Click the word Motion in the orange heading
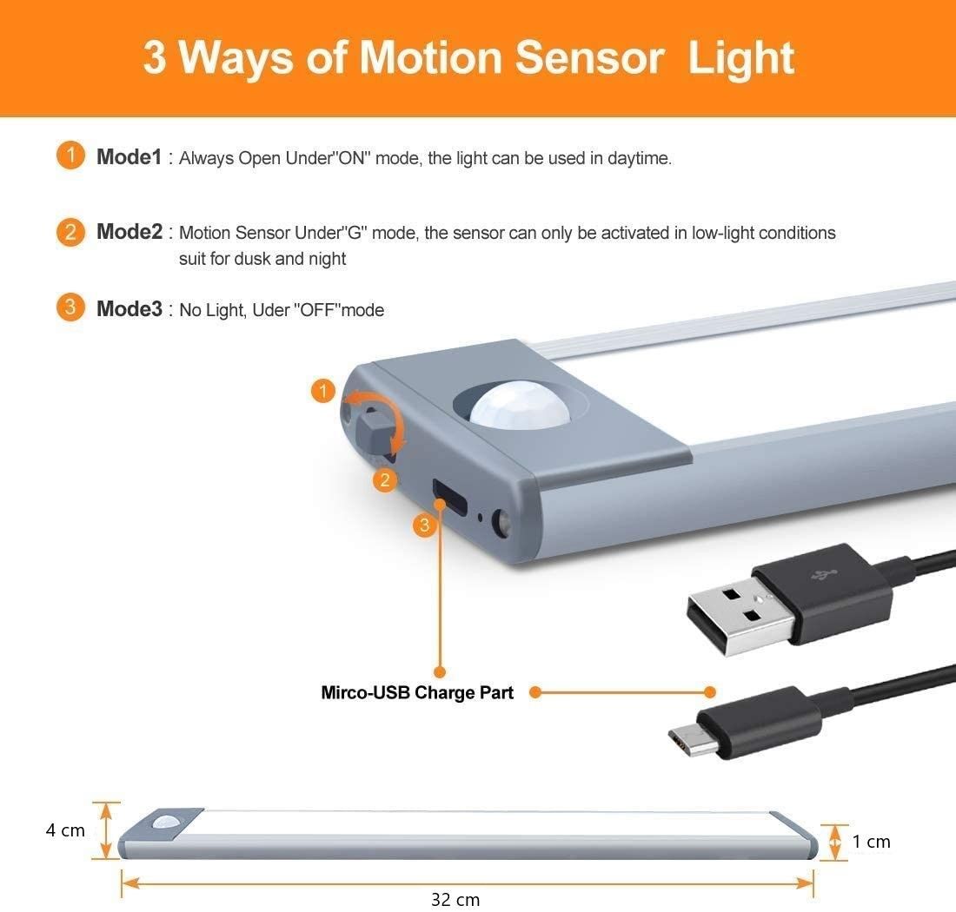[x=430, y=58]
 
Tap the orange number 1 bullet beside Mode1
[x=70, y=155]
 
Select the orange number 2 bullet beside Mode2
[x=70, y=232]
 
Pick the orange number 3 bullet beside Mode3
[x=70, y=307]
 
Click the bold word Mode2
[x=129, y=232]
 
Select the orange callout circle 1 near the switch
[x=323, y=391]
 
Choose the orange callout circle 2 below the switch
[x=385, y=480]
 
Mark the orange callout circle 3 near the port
[x=424, y=525]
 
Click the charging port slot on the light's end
[x=450, y=497]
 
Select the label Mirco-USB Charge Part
[x=417, y=692]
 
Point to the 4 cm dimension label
[x=65, y=830]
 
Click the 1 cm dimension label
[x=871, y=842]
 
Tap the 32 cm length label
[x=455, y=900]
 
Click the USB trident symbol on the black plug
[x=823, y=574]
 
